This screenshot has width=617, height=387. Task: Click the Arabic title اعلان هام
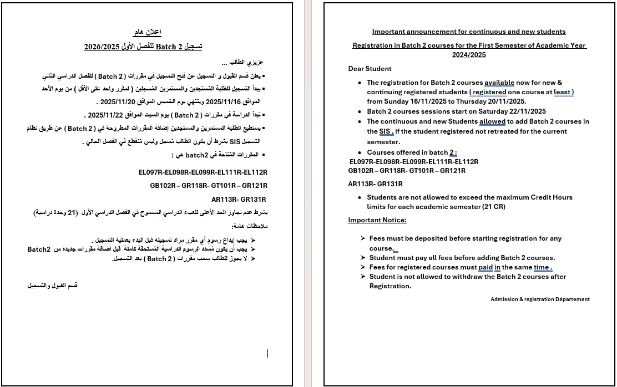[x=148, y=32]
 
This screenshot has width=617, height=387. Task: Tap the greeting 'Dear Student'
[x=370, y=69]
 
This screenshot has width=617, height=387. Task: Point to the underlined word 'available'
[x=499, y=83]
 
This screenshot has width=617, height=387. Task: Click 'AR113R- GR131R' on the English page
[x=375, y=184]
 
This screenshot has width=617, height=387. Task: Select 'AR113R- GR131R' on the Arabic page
[x=239, y=200]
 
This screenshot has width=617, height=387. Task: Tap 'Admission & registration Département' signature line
[x=540, y=299]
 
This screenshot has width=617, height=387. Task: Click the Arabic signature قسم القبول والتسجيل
[x=53, y=286]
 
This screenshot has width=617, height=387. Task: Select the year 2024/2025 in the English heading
[x=469, y=55]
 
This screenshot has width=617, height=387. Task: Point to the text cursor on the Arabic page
[x=268, y=353]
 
